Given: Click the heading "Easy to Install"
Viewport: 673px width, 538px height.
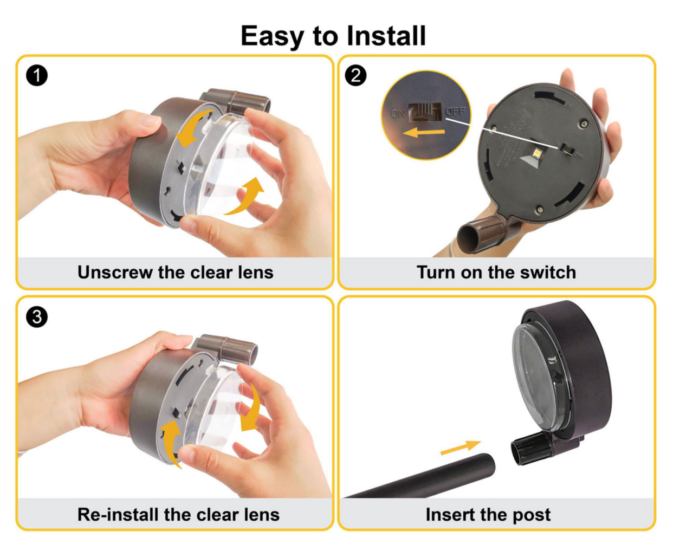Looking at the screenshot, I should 333,36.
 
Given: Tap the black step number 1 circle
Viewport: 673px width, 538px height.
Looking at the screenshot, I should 37,76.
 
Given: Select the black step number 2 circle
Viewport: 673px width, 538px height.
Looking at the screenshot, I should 355,75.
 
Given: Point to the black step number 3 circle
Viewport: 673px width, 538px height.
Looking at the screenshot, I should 37,317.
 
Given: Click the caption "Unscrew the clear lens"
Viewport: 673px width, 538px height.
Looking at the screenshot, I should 175,272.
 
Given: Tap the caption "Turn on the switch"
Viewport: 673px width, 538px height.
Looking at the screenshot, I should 496,272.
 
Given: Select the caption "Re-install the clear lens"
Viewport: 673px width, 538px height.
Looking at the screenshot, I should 178,514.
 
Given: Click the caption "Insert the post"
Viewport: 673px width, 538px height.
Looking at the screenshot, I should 488,514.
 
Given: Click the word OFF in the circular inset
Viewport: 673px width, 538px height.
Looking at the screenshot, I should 455,111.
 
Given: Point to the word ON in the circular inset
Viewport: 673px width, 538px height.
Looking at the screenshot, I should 398,113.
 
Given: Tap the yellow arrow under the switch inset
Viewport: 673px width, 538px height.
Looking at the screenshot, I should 425,132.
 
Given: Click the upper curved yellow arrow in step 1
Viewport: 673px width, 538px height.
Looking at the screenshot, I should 193,128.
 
